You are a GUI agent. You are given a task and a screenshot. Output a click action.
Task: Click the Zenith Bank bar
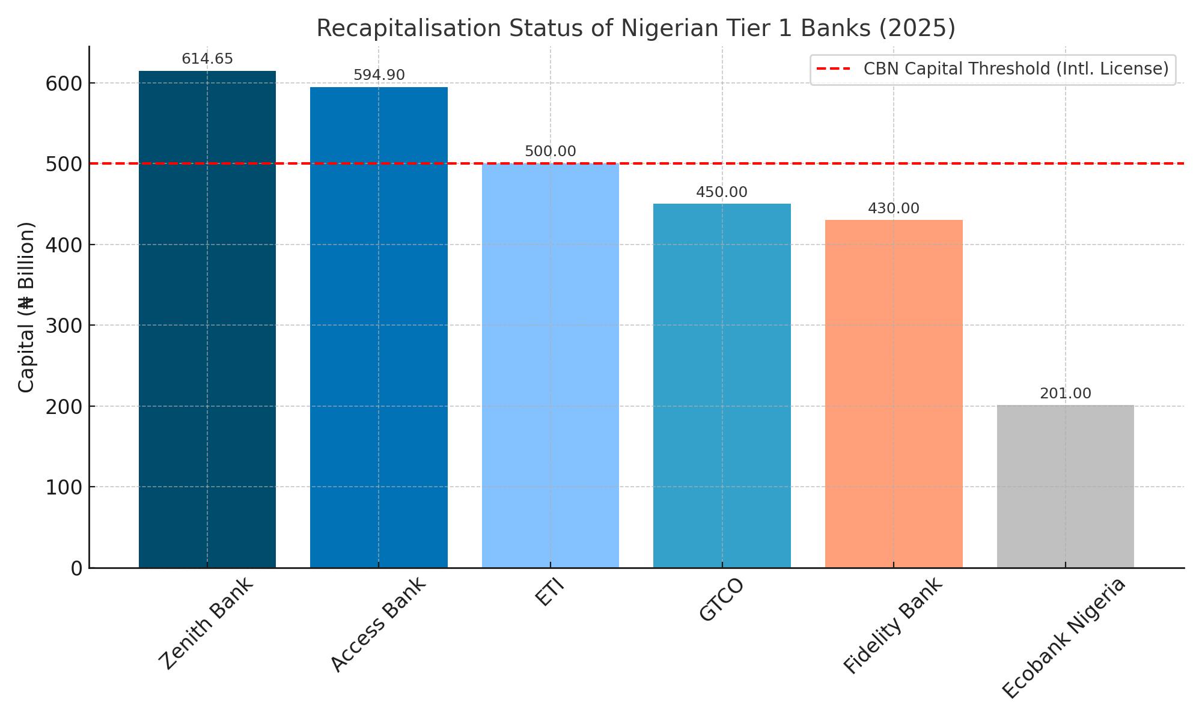207,319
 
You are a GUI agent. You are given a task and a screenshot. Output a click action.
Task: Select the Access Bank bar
379,327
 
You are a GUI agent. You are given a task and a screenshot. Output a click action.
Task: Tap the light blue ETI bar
551,365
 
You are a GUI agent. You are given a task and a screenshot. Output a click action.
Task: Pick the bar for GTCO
722,386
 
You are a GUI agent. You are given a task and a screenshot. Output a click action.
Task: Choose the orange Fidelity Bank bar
894,394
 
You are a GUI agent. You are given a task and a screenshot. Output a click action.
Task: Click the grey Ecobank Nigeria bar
1066,486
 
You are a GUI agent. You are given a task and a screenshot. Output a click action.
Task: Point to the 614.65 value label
207,59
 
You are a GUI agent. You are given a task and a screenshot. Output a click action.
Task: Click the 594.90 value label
379,75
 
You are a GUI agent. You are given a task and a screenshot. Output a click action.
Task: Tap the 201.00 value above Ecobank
1066,394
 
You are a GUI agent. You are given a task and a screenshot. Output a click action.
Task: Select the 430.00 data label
894,208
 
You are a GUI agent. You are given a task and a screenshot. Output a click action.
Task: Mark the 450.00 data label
722,192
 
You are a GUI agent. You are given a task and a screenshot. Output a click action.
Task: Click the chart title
636,28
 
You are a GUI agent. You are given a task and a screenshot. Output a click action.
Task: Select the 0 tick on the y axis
77,568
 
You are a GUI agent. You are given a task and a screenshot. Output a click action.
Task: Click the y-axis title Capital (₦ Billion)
26,307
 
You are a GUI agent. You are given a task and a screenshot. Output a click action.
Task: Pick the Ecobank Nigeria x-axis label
1063,638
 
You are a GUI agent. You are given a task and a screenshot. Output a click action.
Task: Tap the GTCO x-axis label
722,600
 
